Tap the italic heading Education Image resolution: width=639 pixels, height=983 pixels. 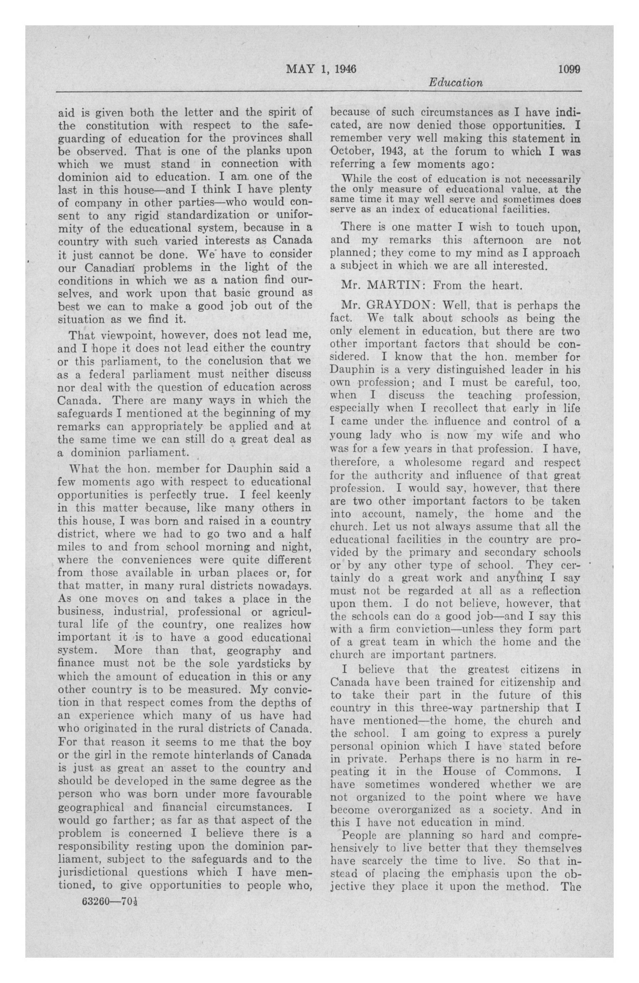pos(455,83)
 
